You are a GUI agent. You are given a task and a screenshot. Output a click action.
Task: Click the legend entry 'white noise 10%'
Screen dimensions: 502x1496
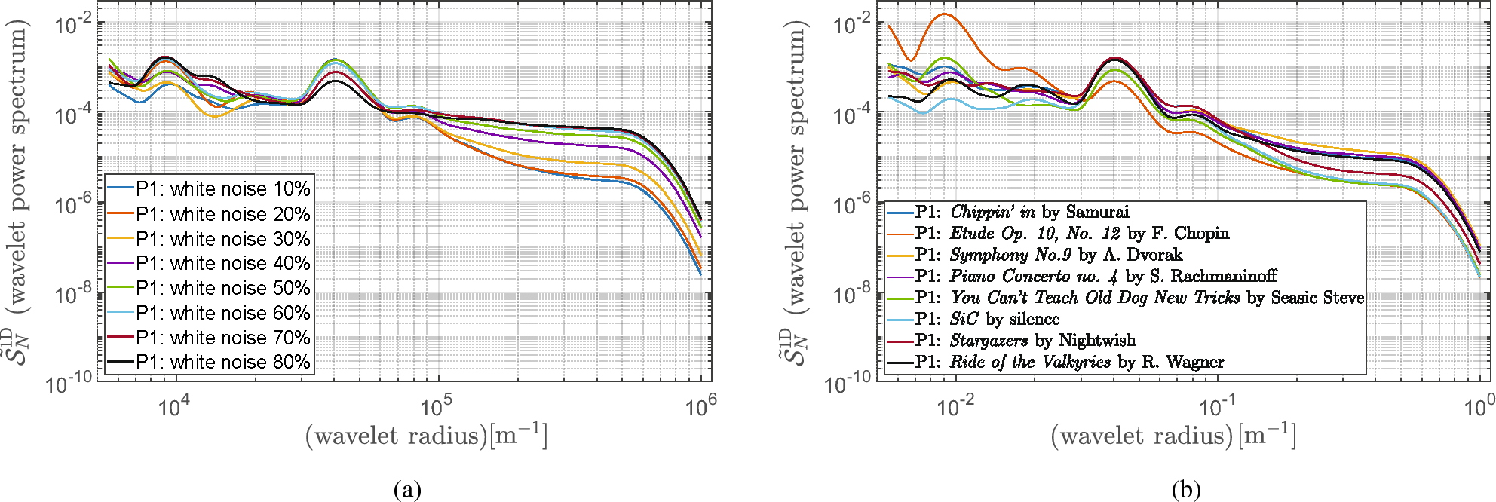(x=222, y=188)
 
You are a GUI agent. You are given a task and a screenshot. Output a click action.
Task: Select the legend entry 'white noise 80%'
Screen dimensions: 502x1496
(x=222, y=362)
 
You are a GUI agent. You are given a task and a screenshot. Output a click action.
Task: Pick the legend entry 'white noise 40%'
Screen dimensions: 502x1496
(x=222, y=263)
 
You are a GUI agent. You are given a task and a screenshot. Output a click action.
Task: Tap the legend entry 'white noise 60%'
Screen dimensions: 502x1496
(x=222, y=313)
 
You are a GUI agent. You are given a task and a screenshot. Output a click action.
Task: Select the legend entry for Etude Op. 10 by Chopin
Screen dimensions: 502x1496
(x=1071, y=234)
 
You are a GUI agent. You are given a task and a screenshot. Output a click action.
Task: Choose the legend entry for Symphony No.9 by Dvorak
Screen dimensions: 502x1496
(x=1048, y=255)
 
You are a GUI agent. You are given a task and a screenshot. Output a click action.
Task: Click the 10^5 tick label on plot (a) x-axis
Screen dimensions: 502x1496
(x=436, y=408)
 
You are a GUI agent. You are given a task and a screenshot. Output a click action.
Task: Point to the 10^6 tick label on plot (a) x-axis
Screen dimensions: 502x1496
(x=700, y=408)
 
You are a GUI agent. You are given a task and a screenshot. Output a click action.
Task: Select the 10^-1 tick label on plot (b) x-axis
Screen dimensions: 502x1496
(x=1216, y=408)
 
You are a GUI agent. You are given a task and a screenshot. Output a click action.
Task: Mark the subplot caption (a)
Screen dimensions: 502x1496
(x=408, y=490)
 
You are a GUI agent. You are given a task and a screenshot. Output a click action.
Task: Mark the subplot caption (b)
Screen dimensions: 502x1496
(x=1186, y=490)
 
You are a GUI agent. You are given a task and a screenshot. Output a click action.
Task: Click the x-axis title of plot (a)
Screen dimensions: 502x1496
(x=426, y=436)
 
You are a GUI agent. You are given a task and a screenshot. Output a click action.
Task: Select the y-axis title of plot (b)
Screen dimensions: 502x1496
(x=794, y=192)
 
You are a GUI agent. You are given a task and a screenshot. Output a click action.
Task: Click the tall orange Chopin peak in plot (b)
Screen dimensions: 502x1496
(x=943, y=14)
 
